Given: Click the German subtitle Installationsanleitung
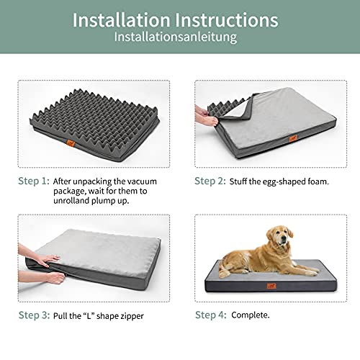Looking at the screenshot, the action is pos(176,37).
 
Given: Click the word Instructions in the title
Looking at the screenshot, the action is pos(227,19).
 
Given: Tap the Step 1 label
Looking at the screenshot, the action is pos(34,181).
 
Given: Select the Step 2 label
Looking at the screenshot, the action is pos(210,181).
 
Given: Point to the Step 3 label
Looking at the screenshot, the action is pos(34,315).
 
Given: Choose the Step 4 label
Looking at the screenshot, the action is pos(211,315).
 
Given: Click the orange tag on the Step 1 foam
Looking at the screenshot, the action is pos(71,143).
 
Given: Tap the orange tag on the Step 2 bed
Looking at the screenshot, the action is pos(293,138).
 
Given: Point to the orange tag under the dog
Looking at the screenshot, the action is pos(271,286).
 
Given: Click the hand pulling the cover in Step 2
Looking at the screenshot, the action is pos(207,116).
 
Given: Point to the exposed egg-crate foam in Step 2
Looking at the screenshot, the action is pos(225,108).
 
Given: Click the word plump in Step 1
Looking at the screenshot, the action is pos(104,201).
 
